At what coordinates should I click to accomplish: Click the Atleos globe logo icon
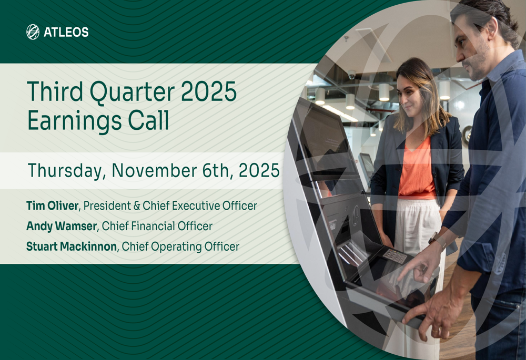point(33,32)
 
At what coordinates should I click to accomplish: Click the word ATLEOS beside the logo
point(66,33)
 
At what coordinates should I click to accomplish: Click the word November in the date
point(153,171)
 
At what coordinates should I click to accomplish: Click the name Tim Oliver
point(52,205)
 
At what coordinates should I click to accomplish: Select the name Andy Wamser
point(61,226)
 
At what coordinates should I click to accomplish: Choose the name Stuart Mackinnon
point(72,246)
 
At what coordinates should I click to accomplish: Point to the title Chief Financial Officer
point(157,226)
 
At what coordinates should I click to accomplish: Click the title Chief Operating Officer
point(180,246)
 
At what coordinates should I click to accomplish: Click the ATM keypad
point(396,256)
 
